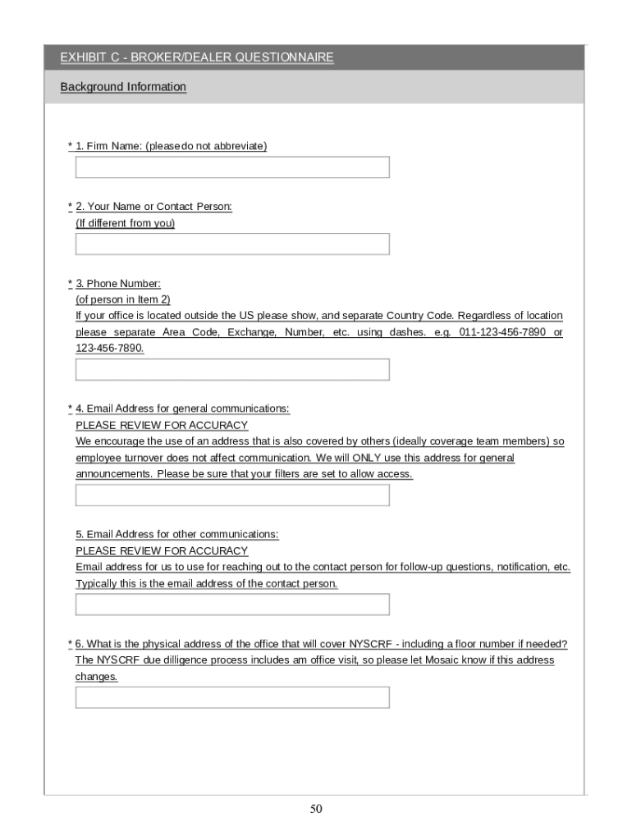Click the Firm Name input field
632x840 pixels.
232,167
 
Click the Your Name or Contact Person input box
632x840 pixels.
232,244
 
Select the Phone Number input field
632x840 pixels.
232,370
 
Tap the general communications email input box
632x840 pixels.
232,495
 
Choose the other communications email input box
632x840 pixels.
232,605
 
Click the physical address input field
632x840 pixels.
232,697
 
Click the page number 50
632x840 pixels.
316,810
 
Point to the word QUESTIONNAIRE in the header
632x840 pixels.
285,57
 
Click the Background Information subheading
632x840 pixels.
123,87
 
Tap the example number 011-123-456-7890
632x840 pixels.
502,332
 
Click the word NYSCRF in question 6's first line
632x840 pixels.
371,644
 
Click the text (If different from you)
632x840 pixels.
125,223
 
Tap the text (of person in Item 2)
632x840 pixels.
123,300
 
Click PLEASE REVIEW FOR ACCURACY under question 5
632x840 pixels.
162,551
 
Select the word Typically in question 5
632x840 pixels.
98,584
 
